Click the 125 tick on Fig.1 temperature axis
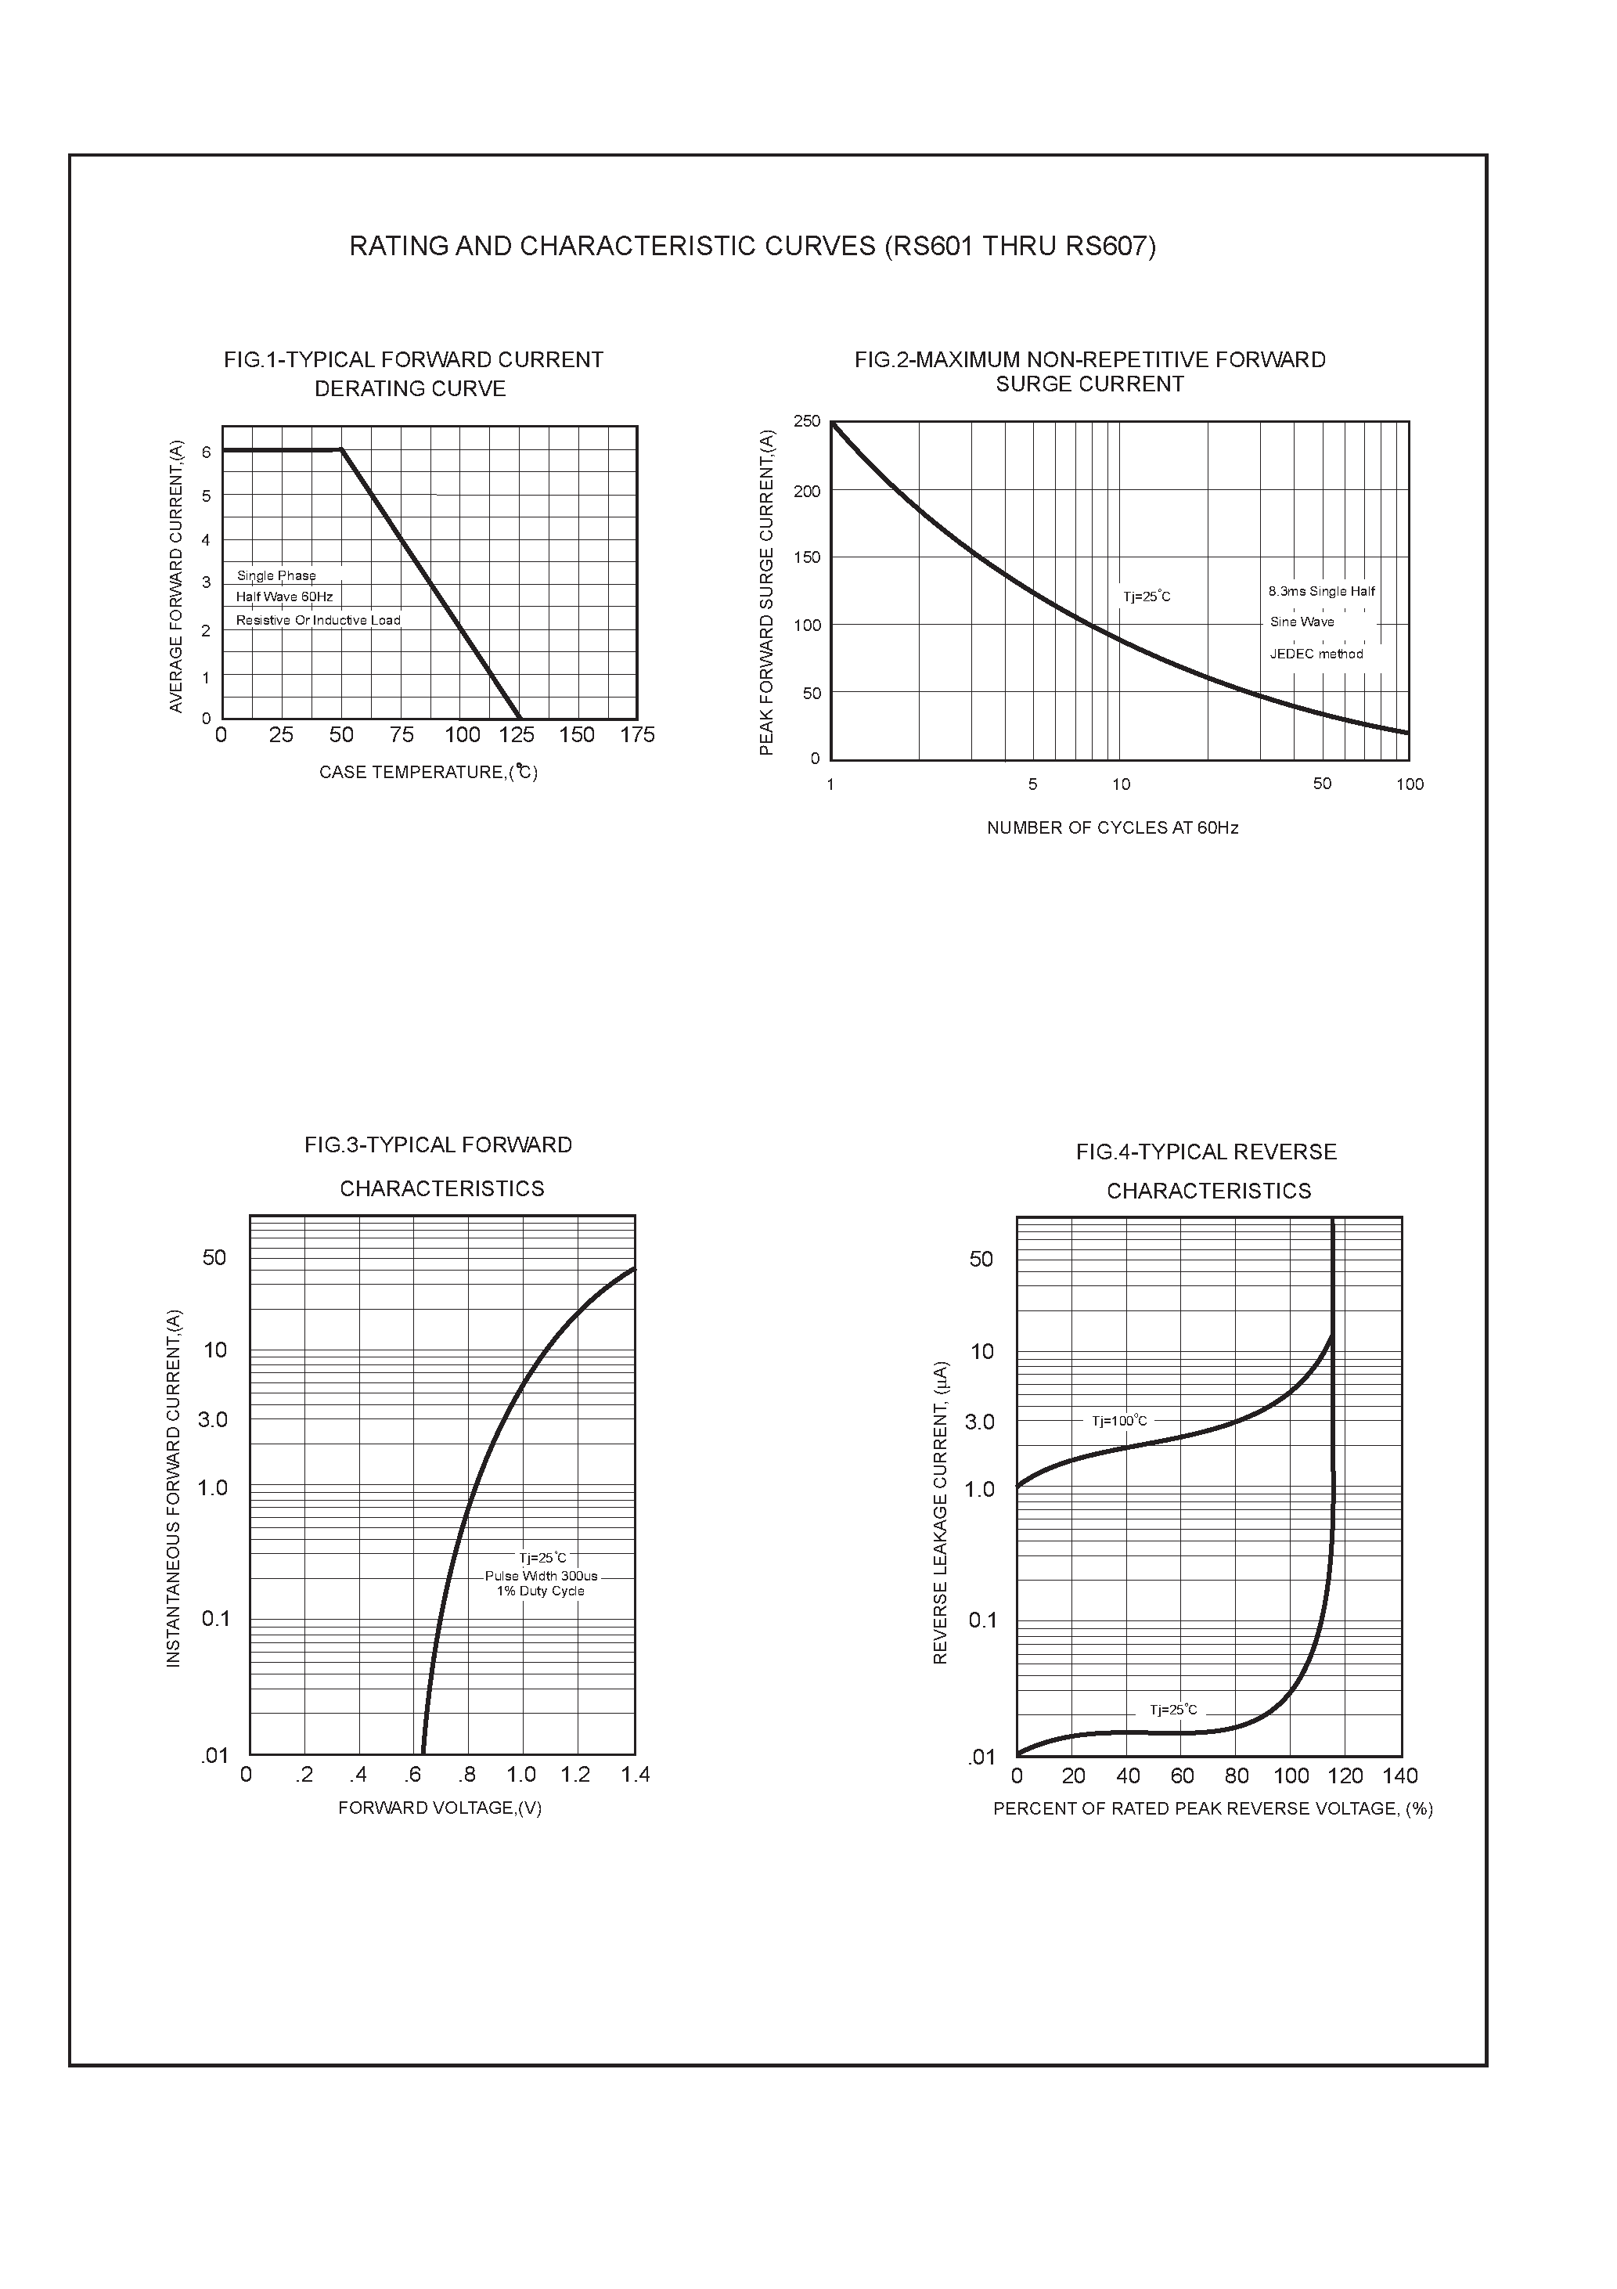[x=517, y=735]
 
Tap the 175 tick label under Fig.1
[x=637, y=735]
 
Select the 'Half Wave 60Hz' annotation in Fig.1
[x=284, y=597]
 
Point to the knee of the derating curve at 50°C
[x=342, y=449]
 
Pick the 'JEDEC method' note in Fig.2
[x=1316, y=654]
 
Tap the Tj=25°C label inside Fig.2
[x=1147, y=597]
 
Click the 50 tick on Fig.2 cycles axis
[x=1322, y=784]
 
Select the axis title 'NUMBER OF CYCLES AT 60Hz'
[x=1112, y=827]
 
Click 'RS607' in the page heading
[x=1110, y=247]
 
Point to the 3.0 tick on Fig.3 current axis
[x=212, y=1419]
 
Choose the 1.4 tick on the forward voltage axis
[x=635, y=1775]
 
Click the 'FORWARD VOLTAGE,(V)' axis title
[x=440, y=1808]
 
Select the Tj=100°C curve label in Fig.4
[x=1119, y=1421]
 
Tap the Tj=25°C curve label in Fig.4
[x=1173, y=1710]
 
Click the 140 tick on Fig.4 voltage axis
[x=1399, y=1775]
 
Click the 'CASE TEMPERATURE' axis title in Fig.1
[x=429, y=773]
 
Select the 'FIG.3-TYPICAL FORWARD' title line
[x=438, y=1144]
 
